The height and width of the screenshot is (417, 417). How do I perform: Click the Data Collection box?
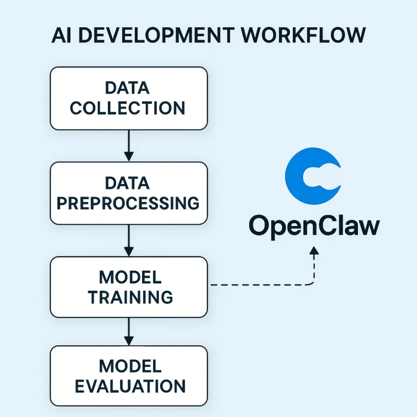point(129,98)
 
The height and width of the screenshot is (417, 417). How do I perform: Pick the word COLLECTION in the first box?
point(128,108)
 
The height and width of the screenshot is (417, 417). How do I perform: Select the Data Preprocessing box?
point(129,193)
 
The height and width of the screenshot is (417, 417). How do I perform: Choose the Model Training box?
point(129,287)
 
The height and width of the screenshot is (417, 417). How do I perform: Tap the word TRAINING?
point(130,297)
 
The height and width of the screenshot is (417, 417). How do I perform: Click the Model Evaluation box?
point(129,376)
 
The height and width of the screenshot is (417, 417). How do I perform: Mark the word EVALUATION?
point(130,386)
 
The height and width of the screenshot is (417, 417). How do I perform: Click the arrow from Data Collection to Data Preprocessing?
point(129,145)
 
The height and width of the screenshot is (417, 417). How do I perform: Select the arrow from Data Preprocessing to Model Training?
point(129,240)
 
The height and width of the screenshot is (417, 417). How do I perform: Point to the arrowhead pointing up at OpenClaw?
point(313,251)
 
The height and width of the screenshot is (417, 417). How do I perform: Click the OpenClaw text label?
point(314,226)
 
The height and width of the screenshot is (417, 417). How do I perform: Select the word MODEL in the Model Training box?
point(130,277)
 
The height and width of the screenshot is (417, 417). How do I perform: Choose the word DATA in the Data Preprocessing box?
point(128,183)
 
